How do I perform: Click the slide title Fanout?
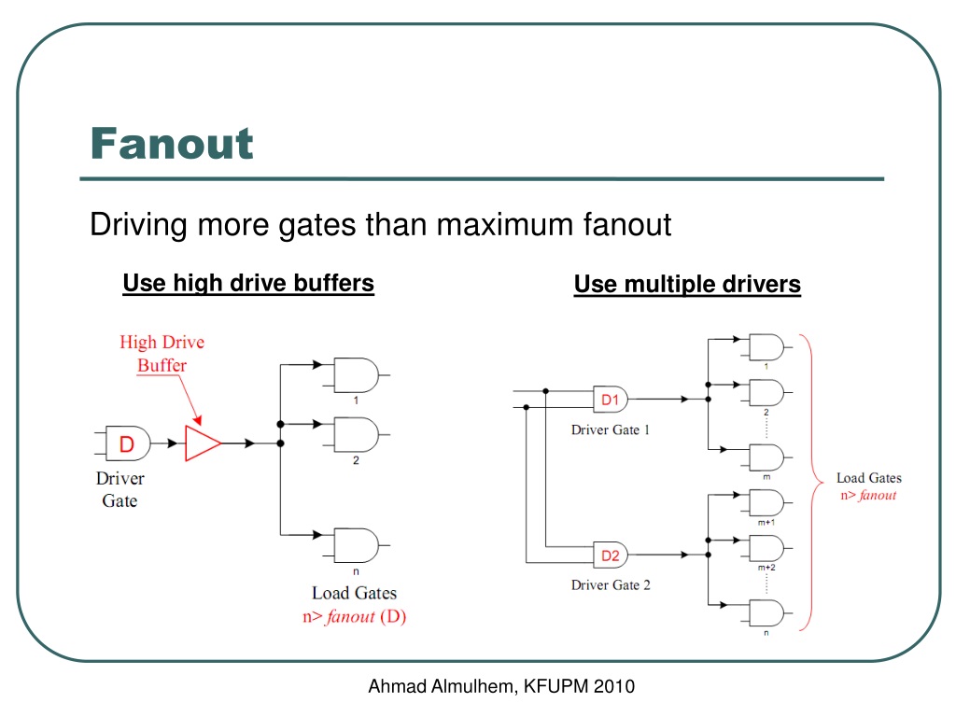[x=172, y=144]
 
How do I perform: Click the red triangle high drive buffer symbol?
[x=203, y=443]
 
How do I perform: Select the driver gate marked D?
[x=127, y=443]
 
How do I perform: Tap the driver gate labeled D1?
[x=611, y=400]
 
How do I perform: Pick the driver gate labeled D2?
[x=611, y=555]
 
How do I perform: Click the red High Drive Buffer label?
[x=162, y=354]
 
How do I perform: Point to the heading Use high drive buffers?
[x=248, y=284]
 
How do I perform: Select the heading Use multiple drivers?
[x=687, y=285]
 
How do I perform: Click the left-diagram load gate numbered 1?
[x=357, y=375]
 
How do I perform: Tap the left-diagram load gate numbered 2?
[x=357, y=435]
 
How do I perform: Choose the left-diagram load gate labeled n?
[x=357, y=545]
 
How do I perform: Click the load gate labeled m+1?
[x=766, y=503]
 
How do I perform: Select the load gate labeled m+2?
[x=766, y=549]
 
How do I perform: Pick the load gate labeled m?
[x=766, y=457]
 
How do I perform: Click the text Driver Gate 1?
[x=611, y=429]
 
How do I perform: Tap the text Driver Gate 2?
[x=611, y=585]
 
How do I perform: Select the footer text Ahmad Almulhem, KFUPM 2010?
[x=501, y=686]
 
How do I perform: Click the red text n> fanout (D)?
[x=354, y=616]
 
